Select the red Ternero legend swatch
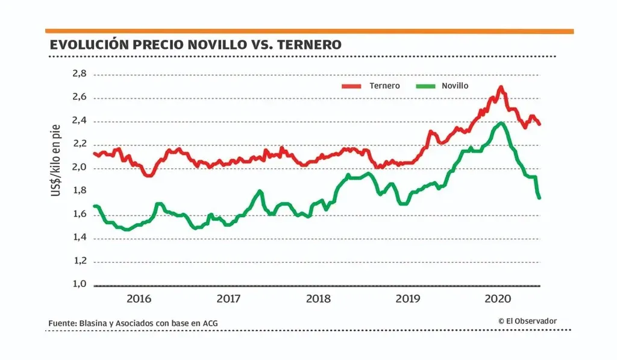pyautogui.click(x=351, y=86)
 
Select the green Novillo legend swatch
pyautogui.click(x=425, y=86)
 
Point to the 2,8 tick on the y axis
pyautogui.click(x=80, y=74)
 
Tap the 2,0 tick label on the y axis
pyautogui.click(x=80, y=168)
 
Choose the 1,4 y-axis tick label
pyautogui.click(x=80, y=238)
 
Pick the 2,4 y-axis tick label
pyautogui.click(x=80, y=121)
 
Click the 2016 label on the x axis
pyautogui.click(x=139, y=298)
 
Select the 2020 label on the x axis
pyautogui.click(x=498, y=298)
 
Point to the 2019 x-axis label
pyautogui.click(x=408, y=298)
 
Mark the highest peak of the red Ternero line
pyautogui.click(x=501, y=87)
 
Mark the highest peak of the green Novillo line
pyautogui.click(x=501, y=124)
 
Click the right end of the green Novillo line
pyautogui.click(x=539, y=197)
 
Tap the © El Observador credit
pyautogui.click(x=527, y=321)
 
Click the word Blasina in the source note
pyautogui.click(x=92, y=323)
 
